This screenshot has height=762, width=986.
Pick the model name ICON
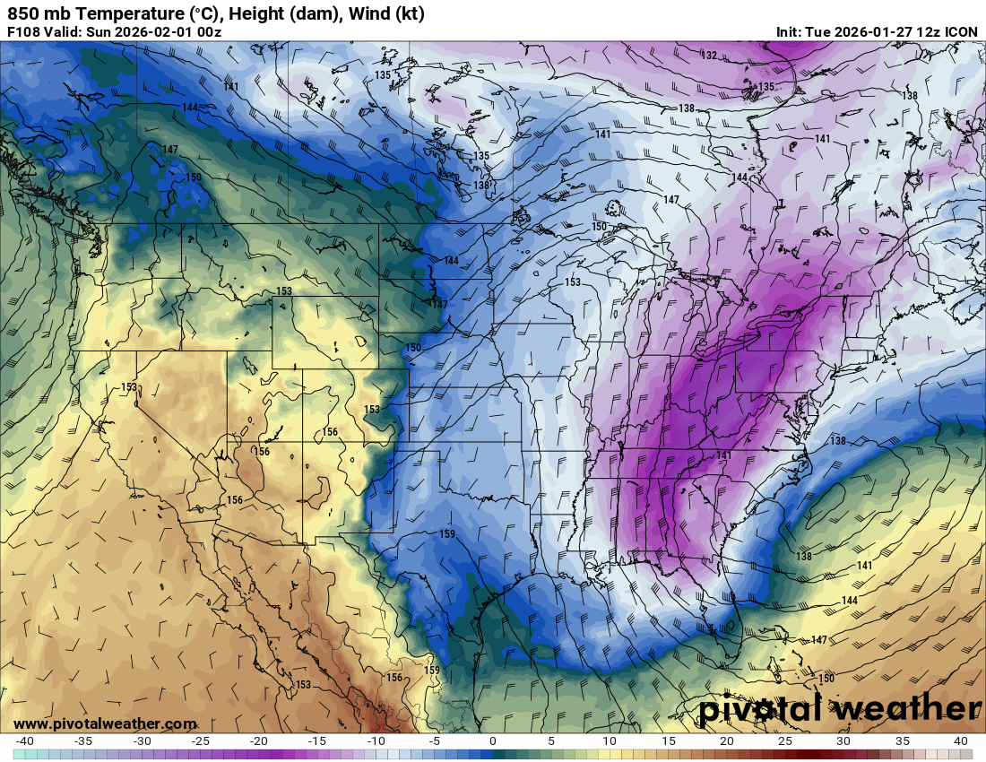coord(961,32)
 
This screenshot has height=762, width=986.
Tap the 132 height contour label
coord(709,56)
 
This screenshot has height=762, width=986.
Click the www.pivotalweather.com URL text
coord(105,723)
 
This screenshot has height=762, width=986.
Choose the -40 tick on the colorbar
coord(25,741)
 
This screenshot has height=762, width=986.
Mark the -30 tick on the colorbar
coord(142,741)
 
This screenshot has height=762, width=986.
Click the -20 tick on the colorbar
coord(259,741)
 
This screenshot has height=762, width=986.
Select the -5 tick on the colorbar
coord(434,741)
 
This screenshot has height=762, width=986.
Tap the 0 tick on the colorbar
coord(493,741)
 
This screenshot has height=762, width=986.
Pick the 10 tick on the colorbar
coord(610,741)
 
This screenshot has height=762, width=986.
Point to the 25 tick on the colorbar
coord(785,741)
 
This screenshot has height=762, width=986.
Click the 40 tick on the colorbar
coord(960,741)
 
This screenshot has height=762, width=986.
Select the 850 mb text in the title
coord(30,13)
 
